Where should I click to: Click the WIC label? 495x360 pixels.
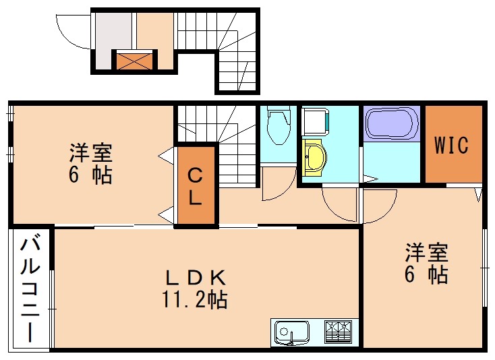[x=451, y=145]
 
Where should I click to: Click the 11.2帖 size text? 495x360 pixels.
[x=196, y=299]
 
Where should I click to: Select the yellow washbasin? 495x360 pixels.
[x=314, y=158]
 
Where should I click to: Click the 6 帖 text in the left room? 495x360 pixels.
[x=90, y=175]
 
